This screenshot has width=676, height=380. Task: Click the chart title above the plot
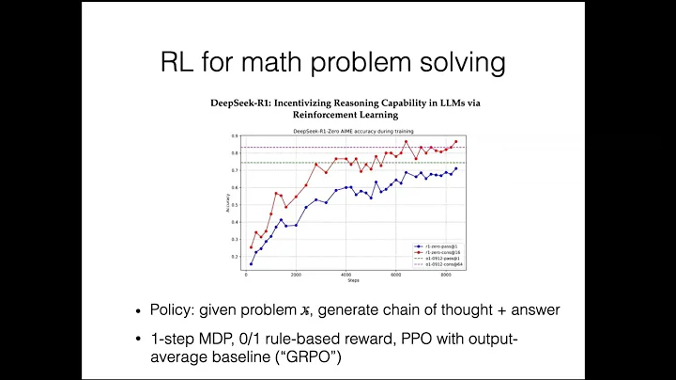[338, 129]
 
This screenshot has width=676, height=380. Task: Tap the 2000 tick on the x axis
[296, 275]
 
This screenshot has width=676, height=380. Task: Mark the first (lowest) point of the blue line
[251, 263]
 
